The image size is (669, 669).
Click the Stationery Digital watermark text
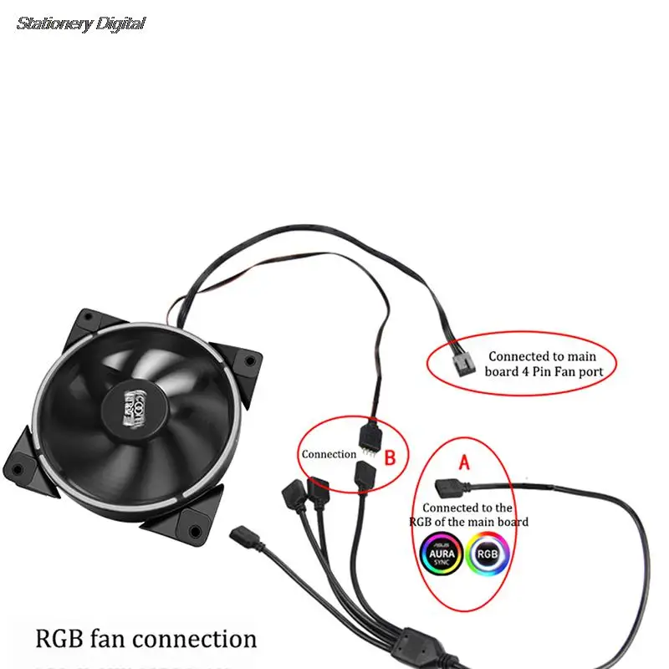[81, 23]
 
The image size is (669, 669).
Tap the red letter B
[390, 457]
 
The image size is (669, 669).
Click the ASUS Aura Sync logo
[440, 555]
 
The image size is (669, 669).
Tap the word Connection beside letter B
[329, 454]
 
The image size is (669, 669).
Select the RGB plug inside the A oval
[449, 484]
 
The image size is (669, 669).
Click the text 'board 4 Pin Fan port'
[544, 371]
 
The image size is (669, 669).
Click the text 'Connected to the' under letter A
[467, 508]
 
